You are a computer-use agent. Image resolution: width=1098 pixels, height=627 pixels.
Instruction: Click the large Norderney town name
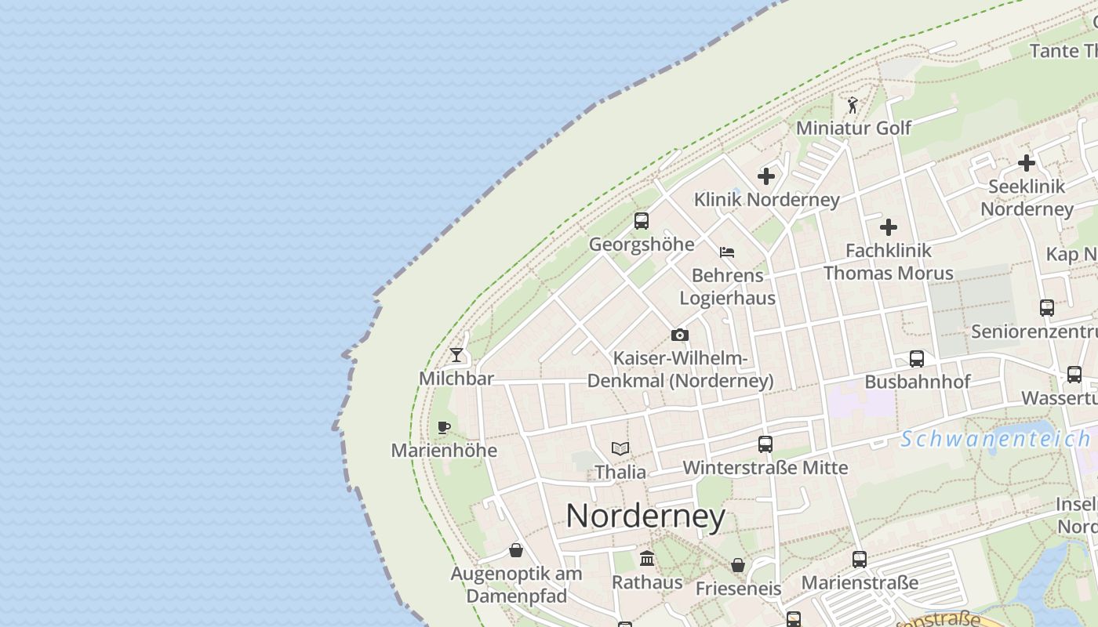coord(645,516)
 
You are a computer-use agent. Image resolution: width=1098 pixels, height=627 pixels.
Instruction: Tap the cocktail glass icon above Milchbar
coord(456,355)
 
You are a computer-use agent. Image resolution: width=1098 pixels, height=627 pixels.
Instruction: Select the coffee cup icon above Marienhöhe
coord(444,427)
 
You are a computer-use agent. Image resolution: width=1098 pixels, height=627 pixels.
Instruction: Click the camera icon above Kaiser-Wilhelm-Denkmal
coord(680,335)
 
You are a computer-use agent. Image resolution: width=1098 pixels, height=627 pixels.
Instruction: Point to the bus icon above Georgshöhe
coord(642,221)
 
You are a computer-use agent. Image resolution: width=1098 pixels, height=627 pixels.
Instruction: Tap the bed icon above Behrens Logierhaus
coord(727,252)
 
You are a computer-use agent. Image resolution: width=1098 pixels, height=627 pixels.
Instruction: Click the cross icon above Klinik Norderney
coord(766,176)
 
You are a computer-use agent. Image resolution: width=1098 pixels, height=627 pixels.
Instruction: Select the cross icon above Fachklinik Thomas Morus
coord(888,227)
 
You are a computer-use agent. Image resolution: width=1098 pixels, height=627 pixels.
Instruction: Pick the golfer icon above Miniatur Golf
coord(853,104)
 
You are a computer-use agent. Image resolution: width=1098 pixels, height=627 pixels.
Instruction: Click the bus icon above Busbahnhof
coord(917,359)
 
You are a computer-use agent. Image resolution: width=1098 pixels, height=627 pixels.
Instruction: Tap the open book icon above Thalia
coord(620,449)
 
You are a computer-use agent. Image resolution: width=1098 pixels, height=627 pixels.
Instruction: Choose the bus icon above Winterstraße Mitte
coord(765,444)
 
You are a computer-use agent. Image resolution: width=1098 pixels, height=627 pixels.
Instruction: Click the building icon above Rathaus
coord(647,559)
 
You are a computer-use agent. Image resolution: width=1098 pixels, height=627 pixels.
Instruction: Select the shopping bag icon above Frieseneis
coord(738,565)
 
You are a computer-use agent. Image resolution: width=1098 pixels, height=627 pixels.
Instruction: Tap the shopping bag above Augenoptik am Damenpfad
coord(516,550)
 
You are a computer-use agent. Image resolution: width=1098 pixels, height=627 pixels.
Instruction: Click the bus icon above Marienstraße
coord(860,560)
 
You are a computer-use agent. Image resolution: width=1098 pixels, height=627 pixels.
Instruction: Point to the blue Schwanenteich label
coord(995,439)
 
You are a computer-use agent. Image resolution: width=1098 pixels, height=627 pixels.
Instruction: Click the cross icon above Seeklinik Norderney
coord(1026,163)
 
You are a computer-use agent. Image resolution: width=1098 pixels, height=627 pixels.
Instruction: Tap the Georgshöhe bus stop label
coord(642,245)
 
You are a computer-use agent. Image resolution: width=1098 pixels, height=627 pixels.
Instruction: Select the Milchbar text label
coord(456,379)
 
